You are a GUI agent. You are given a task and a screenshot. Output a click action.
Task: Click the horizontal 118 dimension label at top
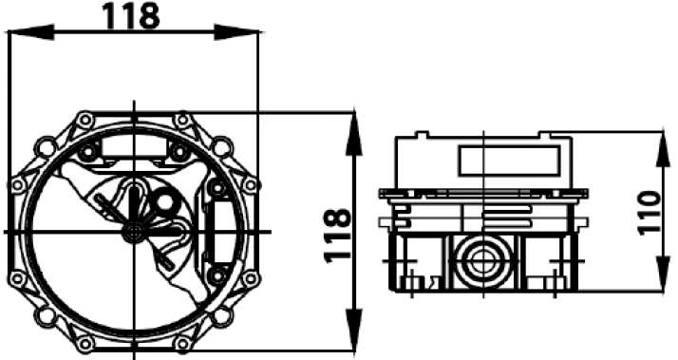[x=132, y=16]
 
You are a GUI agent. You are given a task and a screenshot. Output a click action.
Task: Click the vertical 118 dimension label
[x=336, y=236]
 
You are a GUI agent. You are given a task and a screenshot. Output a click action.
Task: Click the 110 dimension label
[x=650, y=214]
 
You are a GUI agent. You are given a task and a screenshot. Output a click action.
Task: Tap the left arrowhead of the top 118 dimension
[x=31, y=32]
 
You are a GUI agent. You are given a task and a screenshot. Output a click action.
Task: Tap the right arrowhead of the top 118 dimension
[x=237, y=32]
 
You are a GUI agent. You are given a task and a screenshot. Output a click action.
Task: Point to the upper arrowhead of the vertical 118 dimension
[x=354, y=133]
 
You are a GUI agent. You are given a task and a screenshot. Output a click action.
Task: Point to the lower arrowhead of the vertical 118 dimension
[x=354, y=328]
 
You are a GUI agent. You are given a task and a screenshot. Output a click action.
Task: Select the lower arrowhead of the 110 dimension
[x=663, y=271]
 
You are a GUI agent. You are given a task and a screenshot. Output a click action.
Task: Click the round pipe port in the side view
[x=480, y=260]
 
